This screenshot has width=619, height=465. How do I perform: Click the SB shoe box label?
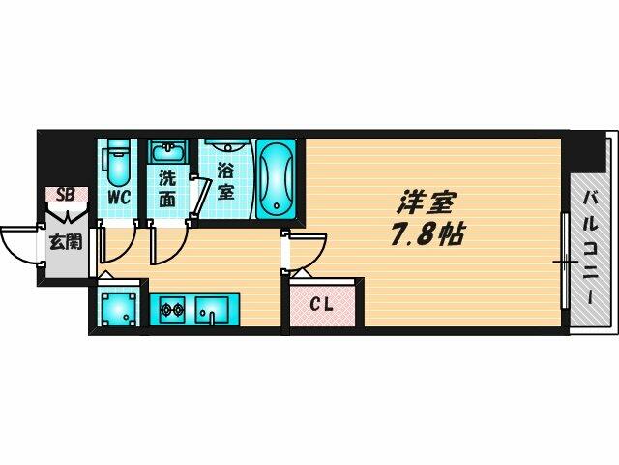coord(66,195)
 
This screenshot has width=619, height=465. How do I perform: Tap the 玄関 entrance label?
coord(66,241)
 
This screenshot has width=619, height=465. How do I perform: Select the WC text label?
coord(119,198)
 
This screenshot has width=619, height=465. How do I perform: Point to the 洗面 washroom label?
coord(167,189)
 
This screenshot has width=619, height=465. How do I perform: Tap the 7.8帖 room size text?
coord(427,234)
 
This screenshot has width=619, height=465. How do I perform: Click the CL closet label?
coord(321,304)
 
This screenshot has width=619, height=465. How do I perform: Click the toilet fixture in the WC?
coord(117,163)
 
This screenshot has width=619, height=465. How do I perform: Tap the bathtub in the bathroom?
coord(276,178)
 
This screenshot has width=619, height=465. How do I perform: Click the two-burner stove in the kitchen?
coord(172,310)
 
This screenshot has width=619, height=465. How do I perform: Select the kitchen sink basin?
coord(212,310)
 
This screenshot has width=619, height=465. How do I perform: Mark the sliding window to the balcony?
coord(565,261)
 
